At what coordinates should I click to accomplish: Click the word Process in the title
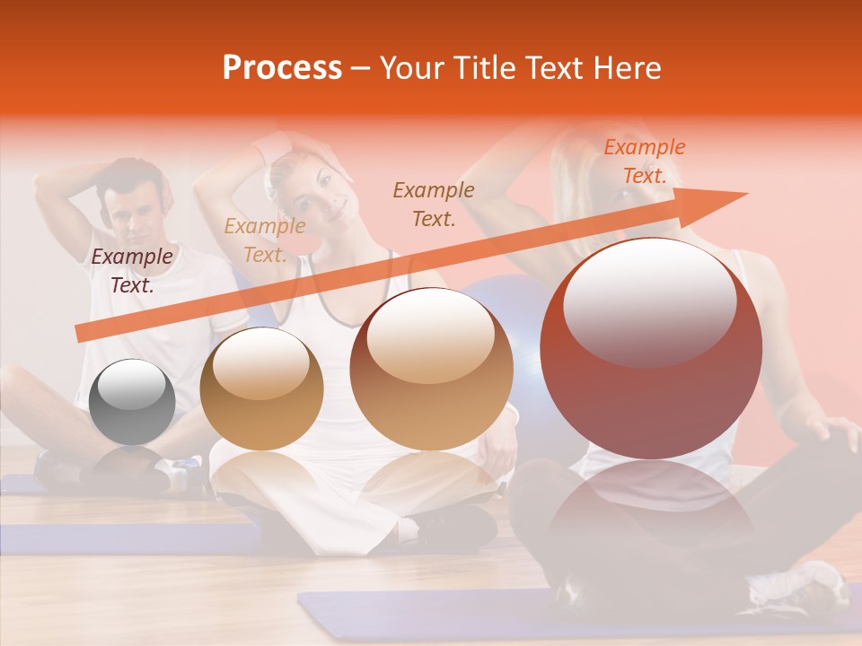pos(282,67)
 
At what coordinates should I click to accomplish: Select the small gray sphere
pos(133,401)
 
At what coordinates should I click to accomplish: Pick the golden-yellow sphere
pos(261,388)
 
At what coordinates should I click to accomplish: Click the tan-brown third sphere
pos(431,368)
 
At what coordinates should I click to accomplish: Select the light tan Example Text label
pos(265,240)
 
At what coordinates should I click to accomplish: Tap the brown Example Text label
pos(434,204)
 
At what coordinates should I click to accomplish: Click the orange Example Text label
pos(644,161)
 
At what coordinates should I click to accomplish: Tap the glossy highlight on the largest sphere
pos(649,301)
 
